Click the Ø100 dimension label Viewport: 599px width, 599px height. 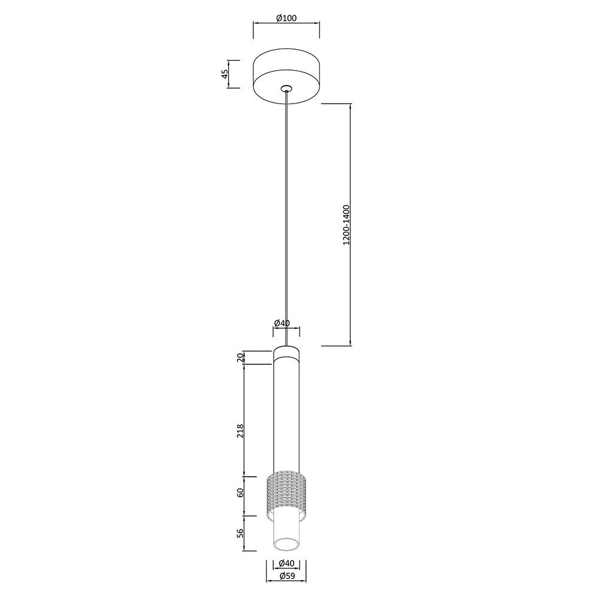(286, 18)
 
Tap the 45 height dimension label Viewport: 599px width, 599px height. (225, 74)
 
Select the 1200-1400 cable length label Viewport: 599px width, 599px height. (346, 225)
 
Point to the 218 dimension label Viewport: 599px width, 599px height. (240, 431)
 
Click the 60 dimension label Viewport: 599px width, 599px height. (240, 493)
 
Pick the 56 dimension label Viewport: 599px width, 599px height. (240, 534)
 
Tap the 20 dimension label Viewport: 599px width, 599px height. (240, 358)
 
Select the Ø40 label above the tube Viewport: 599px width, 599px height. (282, 323)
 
